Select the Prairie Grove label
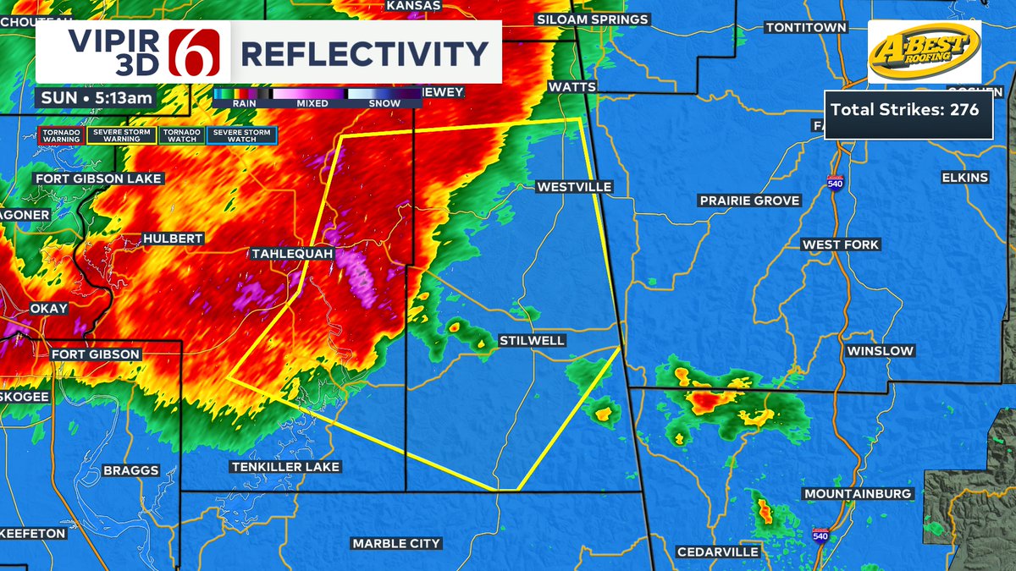[x=748, y=200]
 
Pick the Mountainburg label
[x=858, y=493]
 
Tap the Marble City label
[x=396, y=543]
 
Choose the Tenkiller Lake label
[x=284, y=467]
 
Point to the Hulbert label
[x=173, y=239]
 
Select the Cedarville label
[x=717, y=552]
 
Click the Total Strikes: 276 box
[x=908, y=110]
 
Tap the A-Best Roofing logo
[x=924, y=52]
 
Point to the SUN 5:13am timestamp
[x=96, y=97]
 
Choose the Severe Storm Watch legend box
[x=242, y=135]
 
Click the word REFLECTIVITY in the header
[x=364, y=53]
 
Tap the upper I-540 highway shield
[x=834, y=184]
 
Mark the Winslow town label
[x=880, y=350]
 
